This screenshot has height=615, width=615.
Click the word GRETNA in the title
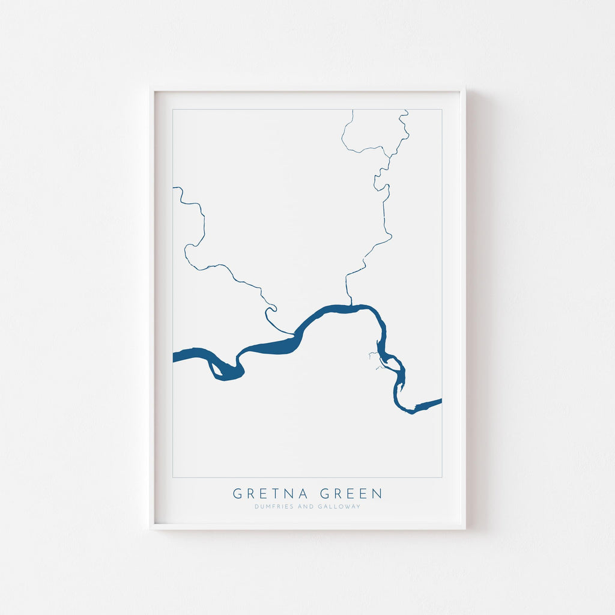271,494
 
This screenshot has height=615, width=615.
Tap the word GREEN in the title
351,494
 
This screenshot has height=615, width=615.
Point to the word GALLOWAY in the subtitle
341,506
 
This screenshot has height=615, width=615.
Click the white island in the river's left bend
214,368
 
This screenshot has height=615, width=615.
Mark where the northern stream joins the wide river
349,305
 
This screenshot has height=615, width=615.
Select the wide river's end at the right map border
440,401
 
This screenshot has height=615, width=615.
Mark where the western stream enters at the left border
174,187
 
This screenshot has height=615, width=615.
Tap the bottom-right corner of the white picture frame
465,529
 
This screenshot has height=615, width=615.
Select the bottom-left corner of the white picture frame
151,529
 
